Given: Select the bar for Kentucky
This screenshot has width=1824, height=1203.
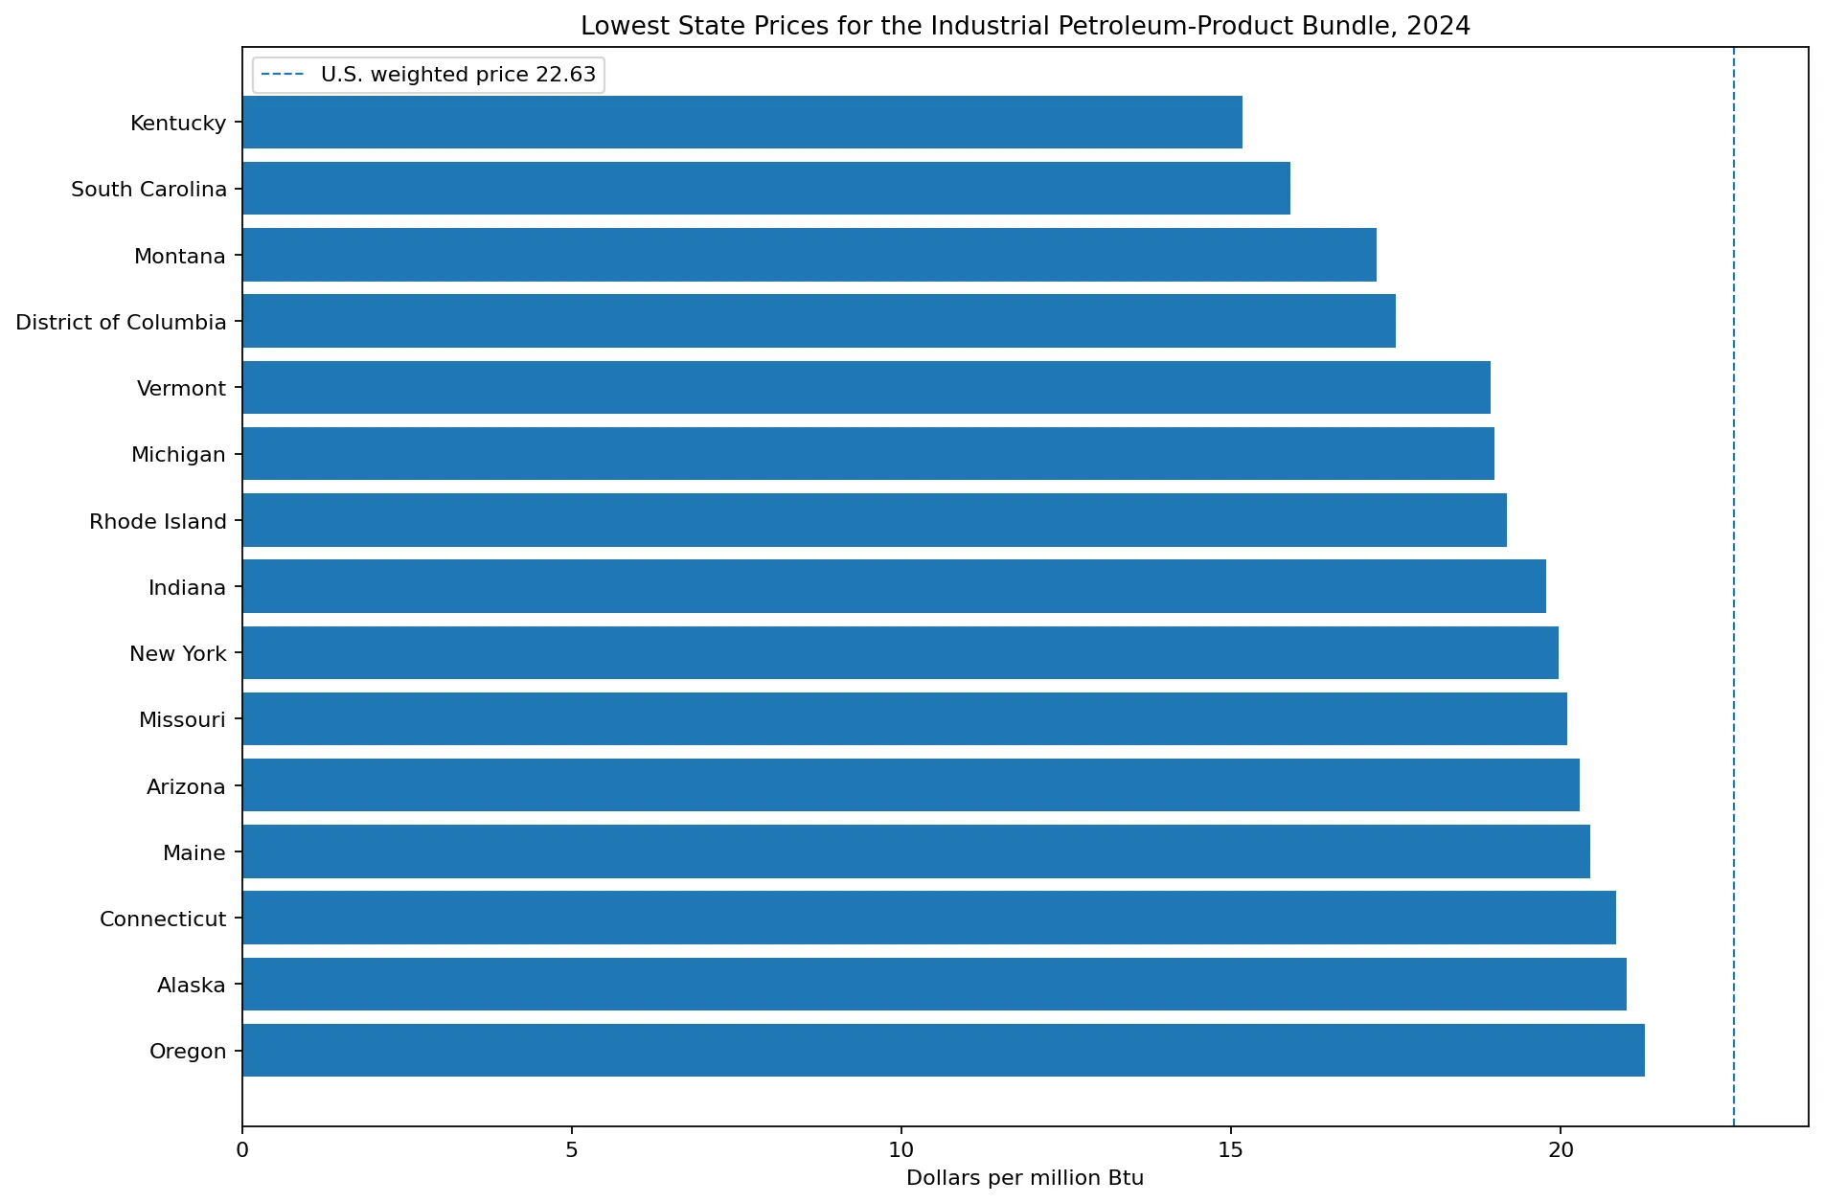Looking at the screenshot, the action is (x=742, y=122).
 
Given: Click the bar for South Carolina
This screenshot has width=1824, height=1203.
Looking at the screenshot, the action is (x=766, y=189).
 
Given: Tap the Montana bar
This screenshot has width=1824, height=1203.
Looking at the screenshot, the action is (x=809, y=255).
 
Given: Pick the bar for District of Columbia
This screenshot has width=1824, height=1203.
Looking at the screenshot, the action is (x=819, y=321).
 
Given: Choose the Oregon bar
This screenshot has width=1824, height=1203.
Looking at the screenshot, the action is (x=944, y=1051).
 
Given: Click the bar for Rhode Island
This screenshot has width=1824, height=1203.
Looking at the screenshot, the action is (x=875, y=520).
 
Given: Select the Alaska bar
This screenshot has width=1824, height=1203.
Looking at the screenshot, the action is (x=934, y=984).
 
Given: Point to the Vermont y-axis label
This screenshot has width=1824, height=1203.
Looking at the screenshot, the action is (x=181, y=388).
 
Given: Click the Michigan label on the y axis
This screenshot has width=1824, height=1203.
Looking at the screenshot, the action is (x=178, y=454).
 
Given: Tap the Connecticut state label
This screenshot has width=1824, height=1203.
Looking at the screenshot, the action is (x=163, y=919).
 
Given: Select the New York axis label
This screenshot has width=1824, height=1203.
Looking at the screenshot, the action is (x=178, y=653).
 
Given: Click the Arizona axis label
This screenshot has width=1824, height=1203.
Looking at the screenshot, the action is (x=186, y=786).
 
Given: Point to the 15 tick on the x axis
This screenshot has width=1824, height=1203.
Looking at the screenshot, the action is (x=1231, y=1148).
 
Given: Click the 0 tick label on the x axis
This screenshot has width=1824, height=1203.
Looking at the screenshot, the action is (x=242, y=1148).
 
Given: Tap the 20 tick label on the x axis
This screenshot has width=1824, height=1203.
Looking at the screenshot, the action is (x=1561, y=1148).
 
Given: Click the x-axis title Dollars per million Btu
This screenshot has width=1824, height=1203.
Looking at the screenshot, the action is (x=1025, y=1178).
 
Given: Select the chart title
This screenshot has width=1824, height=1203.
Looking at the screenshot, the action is (x=1025, y=26).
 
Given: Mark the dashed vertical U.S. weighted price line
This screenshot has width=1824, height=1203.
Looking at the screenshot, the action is (x=1734, y=586).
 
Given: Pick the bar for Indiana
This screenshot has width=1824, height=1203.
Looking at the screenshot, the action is (x=894, y=586).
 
